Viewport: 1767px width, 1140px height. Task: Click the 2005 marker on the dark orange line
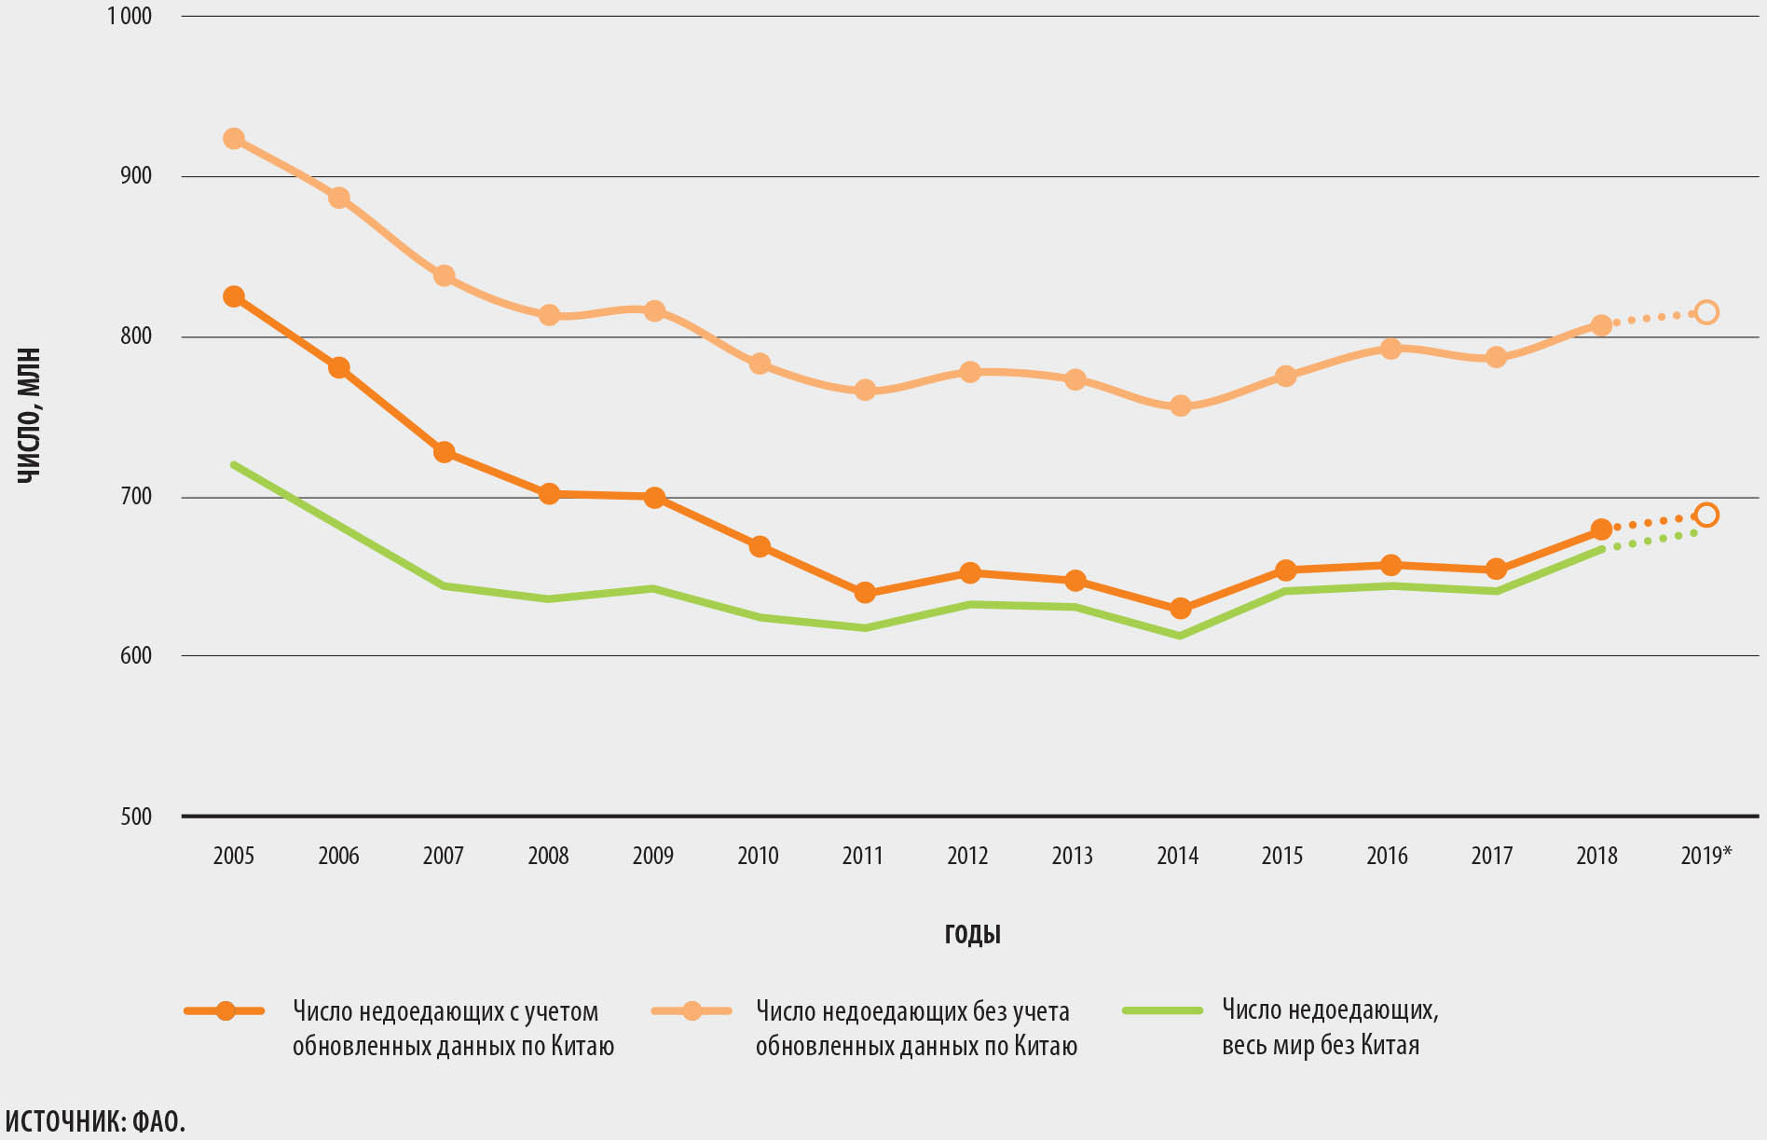click(x=234, y=296)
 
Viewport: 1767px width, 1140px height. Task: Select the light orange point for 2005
click(x=234, y=139)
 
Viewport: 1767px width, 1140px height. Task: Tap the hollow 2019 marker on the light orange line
click(x=1706, y=312)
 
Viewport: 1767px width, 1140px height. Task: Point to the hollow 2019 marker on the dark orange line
click(x=1706, y=515)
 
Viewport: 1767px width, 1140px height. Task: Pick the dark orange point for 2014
click(x=1180, y=609)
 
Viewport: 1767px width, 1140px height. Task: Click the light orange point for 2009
click(x=654, y=310)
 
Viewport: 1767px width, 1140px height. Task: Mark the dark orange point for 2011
click(x=865, y=593)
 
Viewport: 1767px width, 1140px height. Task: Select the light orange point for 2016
click(x=1390, y=349)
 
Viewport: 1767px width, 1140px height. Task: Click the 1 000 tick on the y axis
click(x=130, y=16)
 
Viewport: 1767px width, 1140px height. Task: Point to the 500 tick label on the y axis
click(x=136, y=817)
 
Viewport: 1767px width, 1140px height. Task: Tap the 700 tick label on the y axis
click(x=136, y=496)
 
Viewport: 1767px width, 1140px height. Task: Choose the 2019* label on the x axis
click(x=1705, y=856)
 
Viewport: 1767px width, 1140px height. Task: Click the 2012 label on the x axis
click(x=967, y=856)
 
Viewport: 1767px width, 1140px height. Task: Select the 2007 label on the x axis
click(x=443, y=856)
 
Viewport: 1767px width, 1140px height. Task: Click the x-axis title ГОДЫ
click(x=972, y=934)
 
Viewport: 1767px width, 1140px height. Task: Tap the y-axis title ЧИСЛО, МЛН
click(x=30, y=416)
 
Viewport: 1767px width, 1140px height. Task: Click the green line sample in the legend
click(x=1162, y=1010)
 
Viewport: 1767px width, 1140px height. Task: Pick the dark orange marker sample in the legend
click(x=226, y=1010)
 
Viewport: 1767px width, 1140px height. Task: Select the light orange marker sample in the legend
click(x=692, y=1010)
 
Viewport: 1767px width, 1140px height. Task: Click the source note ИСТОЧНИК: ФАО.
click(x=95, y=1121)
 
